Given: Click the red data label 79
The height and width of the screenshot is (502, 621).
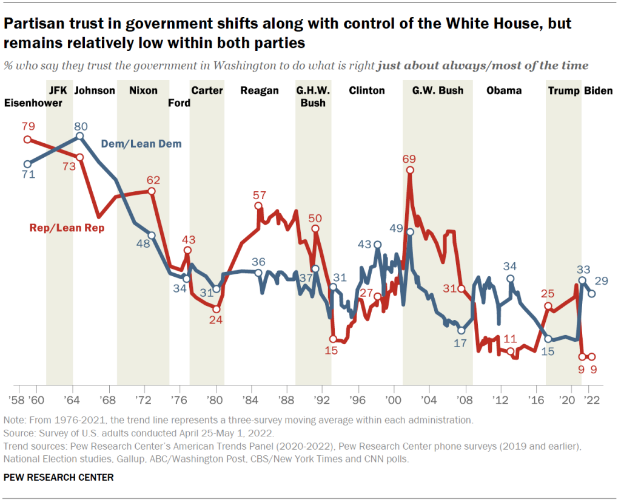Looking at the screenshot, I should click(27, 126).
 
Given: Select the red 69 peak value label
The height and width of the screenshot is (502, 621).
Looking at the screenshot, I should click(409, 159).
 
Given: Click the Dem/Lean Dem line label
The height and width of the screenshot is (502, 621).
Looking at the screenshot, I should click(141, 144).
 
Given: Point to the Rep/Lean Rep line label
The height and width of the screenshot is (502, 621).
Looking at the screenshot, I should click(67, 228).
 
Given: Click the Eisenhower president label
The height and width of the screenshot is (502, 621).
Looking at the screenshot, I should click(33, 103).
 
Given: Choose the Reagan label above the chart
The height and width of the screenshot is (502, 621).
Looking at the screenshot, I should click(260, 90).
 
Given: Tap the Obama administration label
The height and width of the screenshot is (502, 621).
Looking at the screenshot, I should click(504, 90).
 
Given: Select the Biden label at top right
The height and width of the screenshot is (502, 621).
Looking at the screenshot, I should click(598, 90).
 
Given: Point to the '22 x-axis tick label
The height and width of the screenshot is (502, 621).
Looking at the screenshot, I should click(591, 401).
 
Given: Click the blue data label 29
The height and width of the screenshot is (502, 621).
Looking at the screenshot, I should click(602, 281).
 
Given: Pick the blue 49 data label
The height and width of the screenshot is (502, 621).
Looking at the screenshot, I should click(396, 228).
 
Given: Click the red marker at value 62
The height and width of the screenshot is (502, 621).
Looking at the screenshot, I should click(152, 191).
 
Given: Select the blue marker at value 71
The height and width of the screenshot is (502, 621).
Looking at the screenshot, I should click(27, 164).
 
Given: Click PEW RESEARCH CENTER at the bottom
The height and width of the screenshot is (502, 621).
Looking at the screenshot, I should click(58, 477).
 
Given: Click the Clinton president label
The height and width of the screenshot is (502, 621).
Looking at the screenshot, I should click(367, 90).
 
